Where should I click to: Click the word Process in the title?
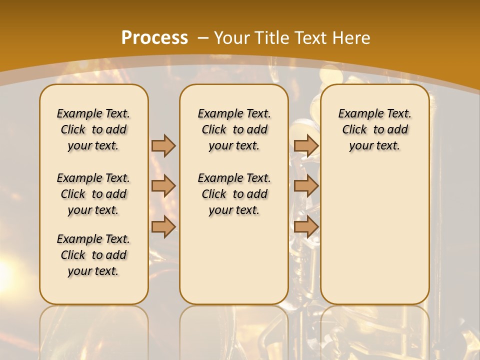[154, 38]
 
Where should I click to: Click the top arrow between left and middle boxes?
[163, 145]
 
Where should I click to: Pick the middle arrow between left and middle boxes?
[163, 186]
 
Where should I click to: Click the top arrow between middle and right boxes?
[306, 145]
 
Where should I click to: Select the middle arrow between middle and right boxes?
[306, 186]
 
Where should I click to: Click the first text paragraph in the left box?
[93, 129]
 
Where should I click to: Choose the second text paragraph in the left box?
[93, 194]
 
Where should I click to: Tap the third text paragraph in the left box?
[93, 255]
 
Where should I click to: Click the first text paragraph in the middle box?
[234, 129]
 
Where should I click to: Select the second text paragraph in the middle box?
[234, 194]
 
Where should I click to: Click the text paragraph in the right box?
[374, 129]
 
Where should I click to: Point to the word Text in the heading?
[313, 38]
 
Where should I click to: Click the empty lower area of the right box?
[374, 230]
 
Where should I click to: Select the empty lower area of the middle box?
[234, 260]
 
